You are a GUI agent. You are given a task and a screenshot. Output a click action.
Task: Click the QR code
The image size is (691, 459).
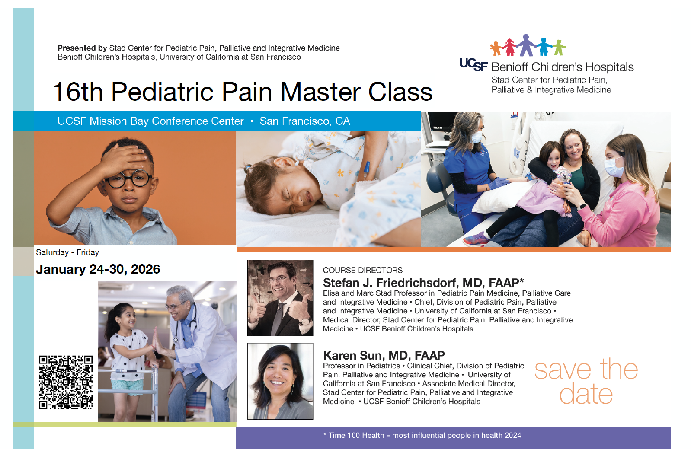[66, 382]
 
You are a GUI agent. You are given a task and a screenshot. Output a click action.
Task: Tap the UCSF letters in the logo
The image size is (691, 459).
[473, 65]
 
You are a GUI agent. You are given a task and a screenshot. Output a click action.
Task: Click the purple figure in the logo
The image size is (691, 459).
[526, 45]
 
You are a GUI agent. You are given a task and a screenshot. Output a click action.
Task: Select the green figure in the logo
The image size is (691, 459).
[559, 47]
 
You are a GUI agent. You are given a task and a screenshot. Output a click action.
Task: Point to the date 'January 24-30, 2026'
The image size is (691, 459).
[98, 269]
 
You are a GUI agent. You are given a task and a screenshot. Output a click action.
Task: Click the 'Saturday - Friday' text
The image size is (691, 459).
[67, 252]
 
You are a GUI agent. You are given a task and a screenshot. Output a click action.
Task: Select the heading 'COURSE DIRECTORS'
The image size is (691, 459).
[363, 271]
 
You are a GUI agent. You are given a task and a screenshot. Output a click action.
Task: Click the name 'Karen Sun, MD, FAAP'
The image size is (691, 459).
[384, 355]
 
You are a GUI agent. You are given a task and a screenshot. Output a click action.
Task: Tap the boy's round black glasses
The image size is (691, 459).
[128, 178]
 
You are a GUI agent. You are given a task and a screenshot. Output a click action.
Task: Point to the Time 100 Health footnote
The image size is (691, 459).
[422, 435]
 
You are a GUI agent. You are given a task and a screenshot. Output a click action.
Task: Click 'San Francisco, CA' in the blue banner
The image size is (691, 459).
[305, 121]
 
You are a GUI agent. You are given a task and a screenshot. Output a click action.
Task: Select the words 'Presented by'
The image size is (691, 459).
[82, 48]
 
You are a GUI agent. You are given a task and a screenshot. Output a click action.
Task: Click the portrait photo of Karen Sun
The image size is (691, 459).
[280, 381]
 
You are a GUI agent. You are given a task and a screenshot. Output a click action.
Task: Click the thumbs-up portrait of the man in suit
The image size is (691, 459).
[280, 298]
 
